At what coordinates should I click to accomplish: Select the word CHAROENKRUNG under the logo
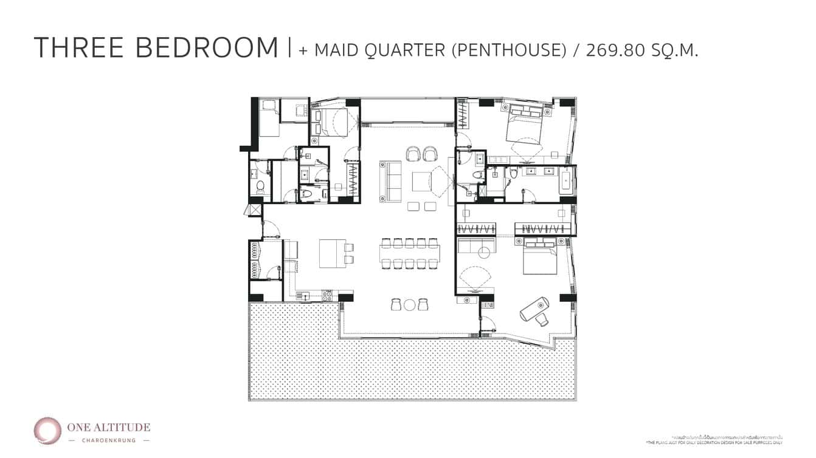pyautogui.click(x=109, y=440)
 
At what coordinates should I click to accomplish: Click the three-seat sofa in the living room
pyautogui.click(x=390, y=181)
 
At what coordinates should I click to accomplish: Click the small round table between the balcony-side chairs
pyautogui.click(x=410, y=305)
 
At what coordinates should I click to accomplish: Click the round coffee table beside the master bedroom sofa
pyautogui.click(x=484, y=253)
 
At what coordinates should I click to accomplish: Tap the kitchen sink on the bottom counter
pyautogui.click(x=304, y=296)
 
